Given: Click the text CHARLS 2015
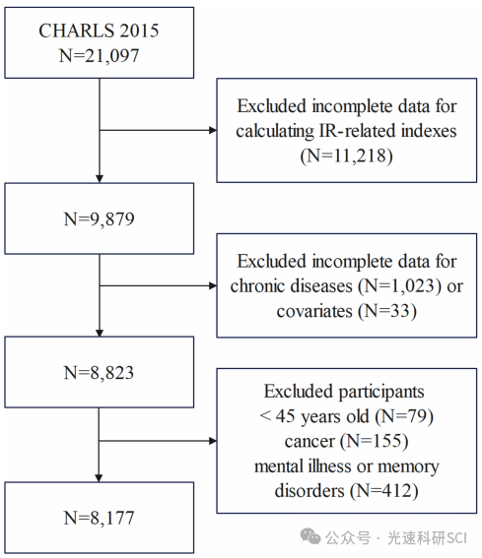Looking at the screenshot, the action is [99, 31].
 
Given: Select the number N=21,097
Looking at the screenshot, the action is [99, 56].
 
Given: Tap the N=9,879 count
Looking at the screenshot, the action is [99, 218].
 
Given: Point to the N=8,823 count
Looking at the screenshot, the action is [99, 373].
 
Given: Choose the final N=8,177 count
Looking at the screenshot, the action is [99, 518].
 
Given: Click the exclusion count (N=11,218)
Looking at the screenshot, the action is [347, 155].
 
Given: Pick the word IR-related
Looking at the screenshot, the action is [358, 131].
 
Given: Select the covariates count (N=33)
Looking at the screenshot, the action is [387, 311].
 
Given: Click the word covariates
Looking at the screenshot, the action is [314, 311].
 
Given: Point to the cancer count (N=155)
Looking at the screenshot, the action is [374, 441].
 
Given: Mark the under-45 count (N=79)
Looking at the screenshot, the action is [404, 416].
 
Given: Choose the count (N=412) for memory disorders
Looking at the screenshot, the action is [383, 491].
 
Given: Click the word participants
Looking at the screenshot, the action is [381, 392].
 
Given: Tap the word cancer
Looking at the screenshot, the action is [310, 442].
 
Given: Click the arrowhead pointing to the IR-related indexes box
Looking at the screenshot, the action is [213, 130].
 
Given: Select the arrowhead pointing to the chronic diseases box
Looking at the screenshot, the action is [213, 285].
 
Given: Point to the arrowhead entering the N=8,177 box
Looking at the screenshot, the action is [99, 478].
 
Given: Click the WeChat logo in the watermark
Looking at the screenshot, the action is [310, 536].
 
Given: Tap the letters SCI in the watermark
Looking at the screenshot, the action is [456, 538].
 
